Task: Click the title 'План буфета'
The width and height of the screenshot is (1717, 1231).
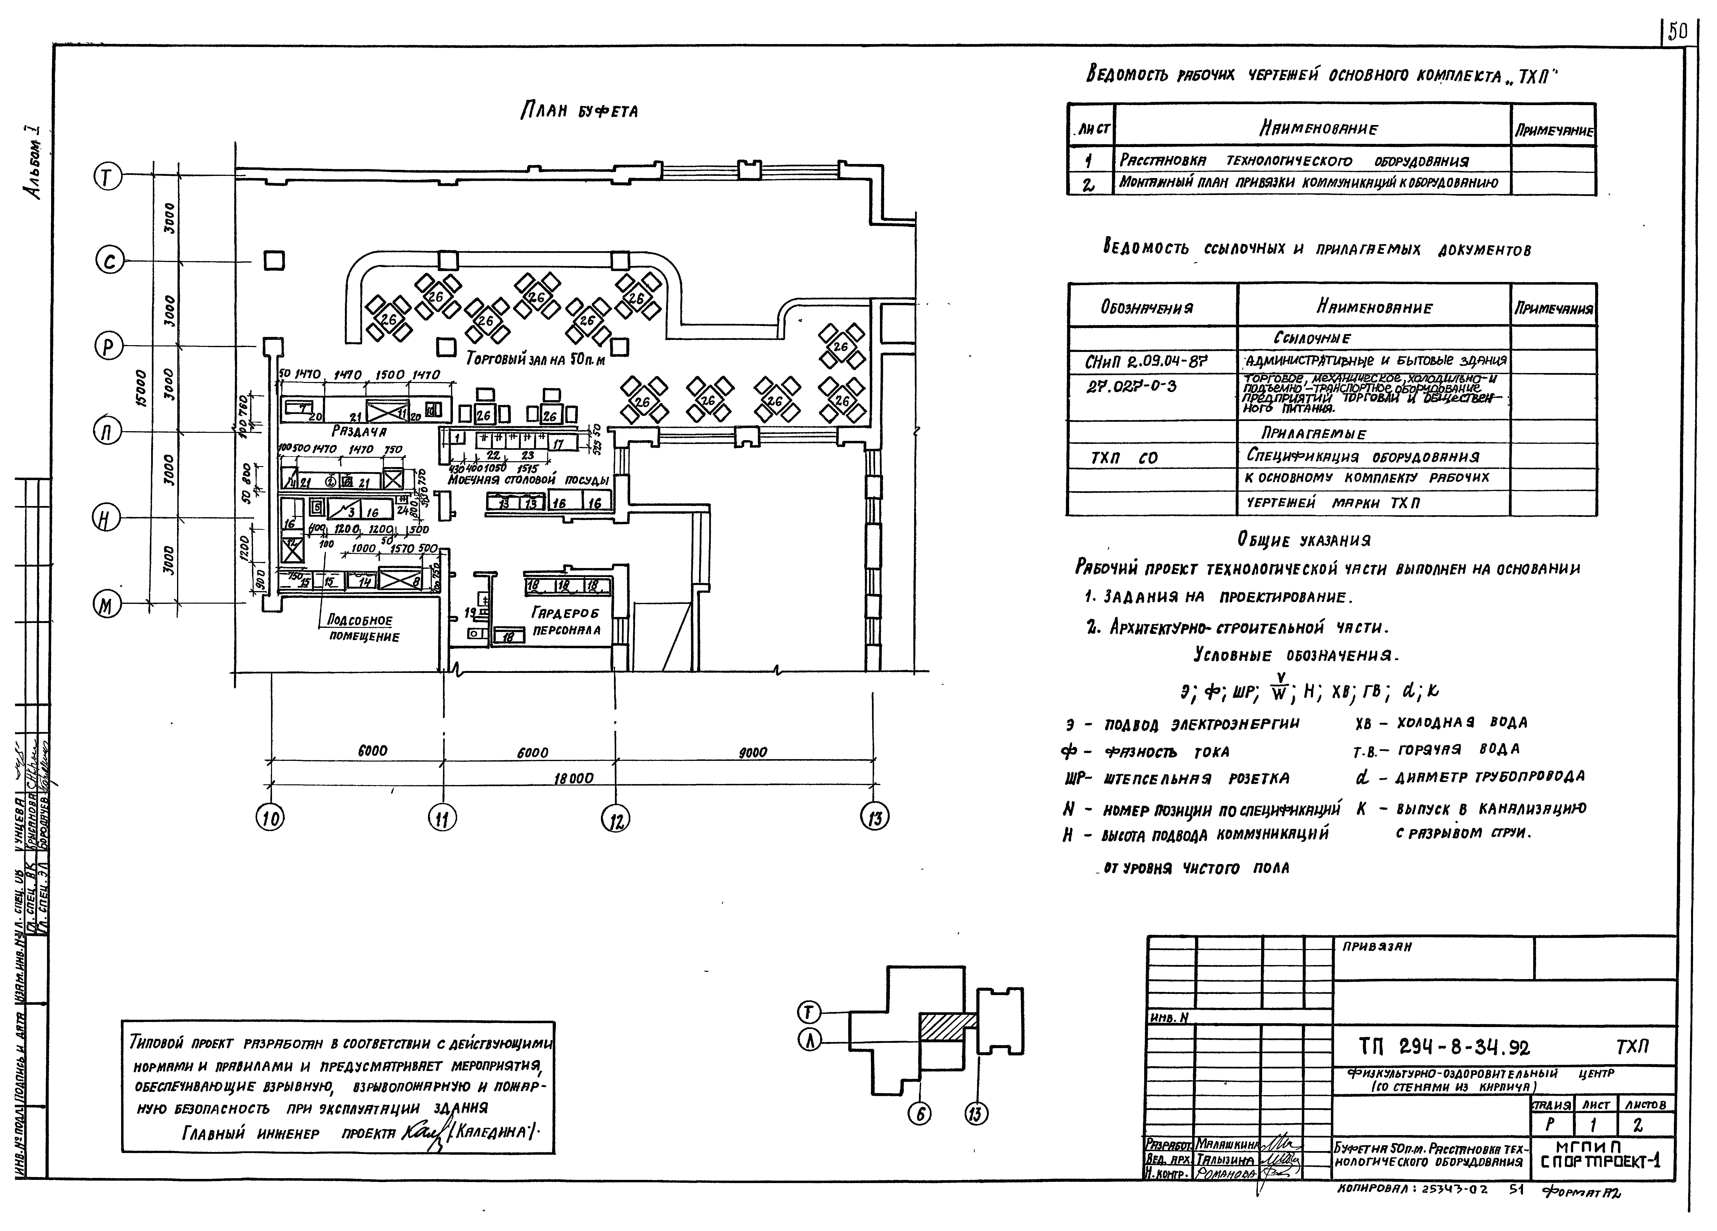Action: tap(579, 111)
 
